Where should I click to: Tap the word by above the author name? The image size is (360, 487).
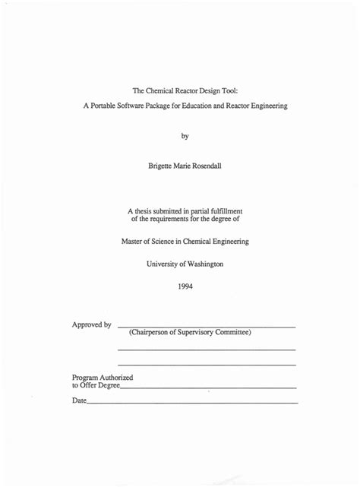pos(185,136)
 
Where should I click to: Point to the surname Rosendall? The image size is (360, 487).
pos(204,166)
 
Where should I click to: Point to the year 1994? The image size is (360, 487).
pos(185,286)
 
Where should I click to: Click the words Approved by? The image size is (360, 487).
pos(91,325)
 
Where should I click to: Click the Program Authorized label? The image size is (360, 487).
pos(103,377)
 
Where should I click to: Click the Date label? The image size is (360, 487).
pos(79,400)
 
